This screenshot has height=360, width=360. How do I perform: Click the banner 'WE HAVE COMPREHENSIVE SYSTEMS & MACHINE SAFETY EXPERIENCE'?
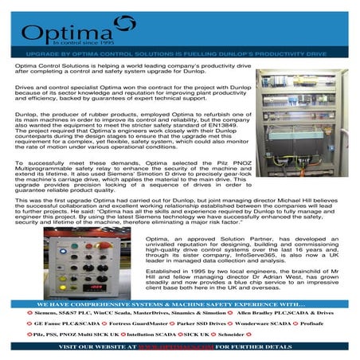[179, 303]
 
